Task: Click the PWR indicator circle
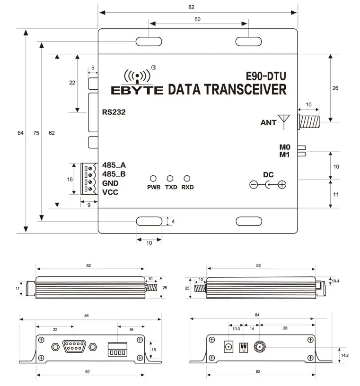click(x=153, y=179)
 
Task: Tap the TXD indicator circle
click(x=170, y=179)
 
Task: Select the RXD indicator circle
click(x=187, y=179)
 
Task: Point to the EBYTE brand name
click(x=137, y=90)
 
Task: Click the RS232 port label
click(x=114, y=112)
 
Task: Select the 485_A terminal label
click(x=114, y=165)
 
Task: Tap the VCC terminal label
click(x=110, y=192)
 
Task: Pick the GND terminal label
click(x=110, y=183)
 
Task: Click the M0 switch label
click(x=284, y=147)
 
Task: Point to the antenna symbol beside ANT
click(x=284, y=121)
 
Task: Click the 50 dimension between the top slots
click(x=198, y=19)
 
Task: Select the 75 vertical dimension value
click(x=36, y=133)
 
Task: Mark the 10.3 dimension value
click(x=235, y=328)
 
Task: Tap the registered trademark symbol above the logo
click(x=153, y=67)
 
